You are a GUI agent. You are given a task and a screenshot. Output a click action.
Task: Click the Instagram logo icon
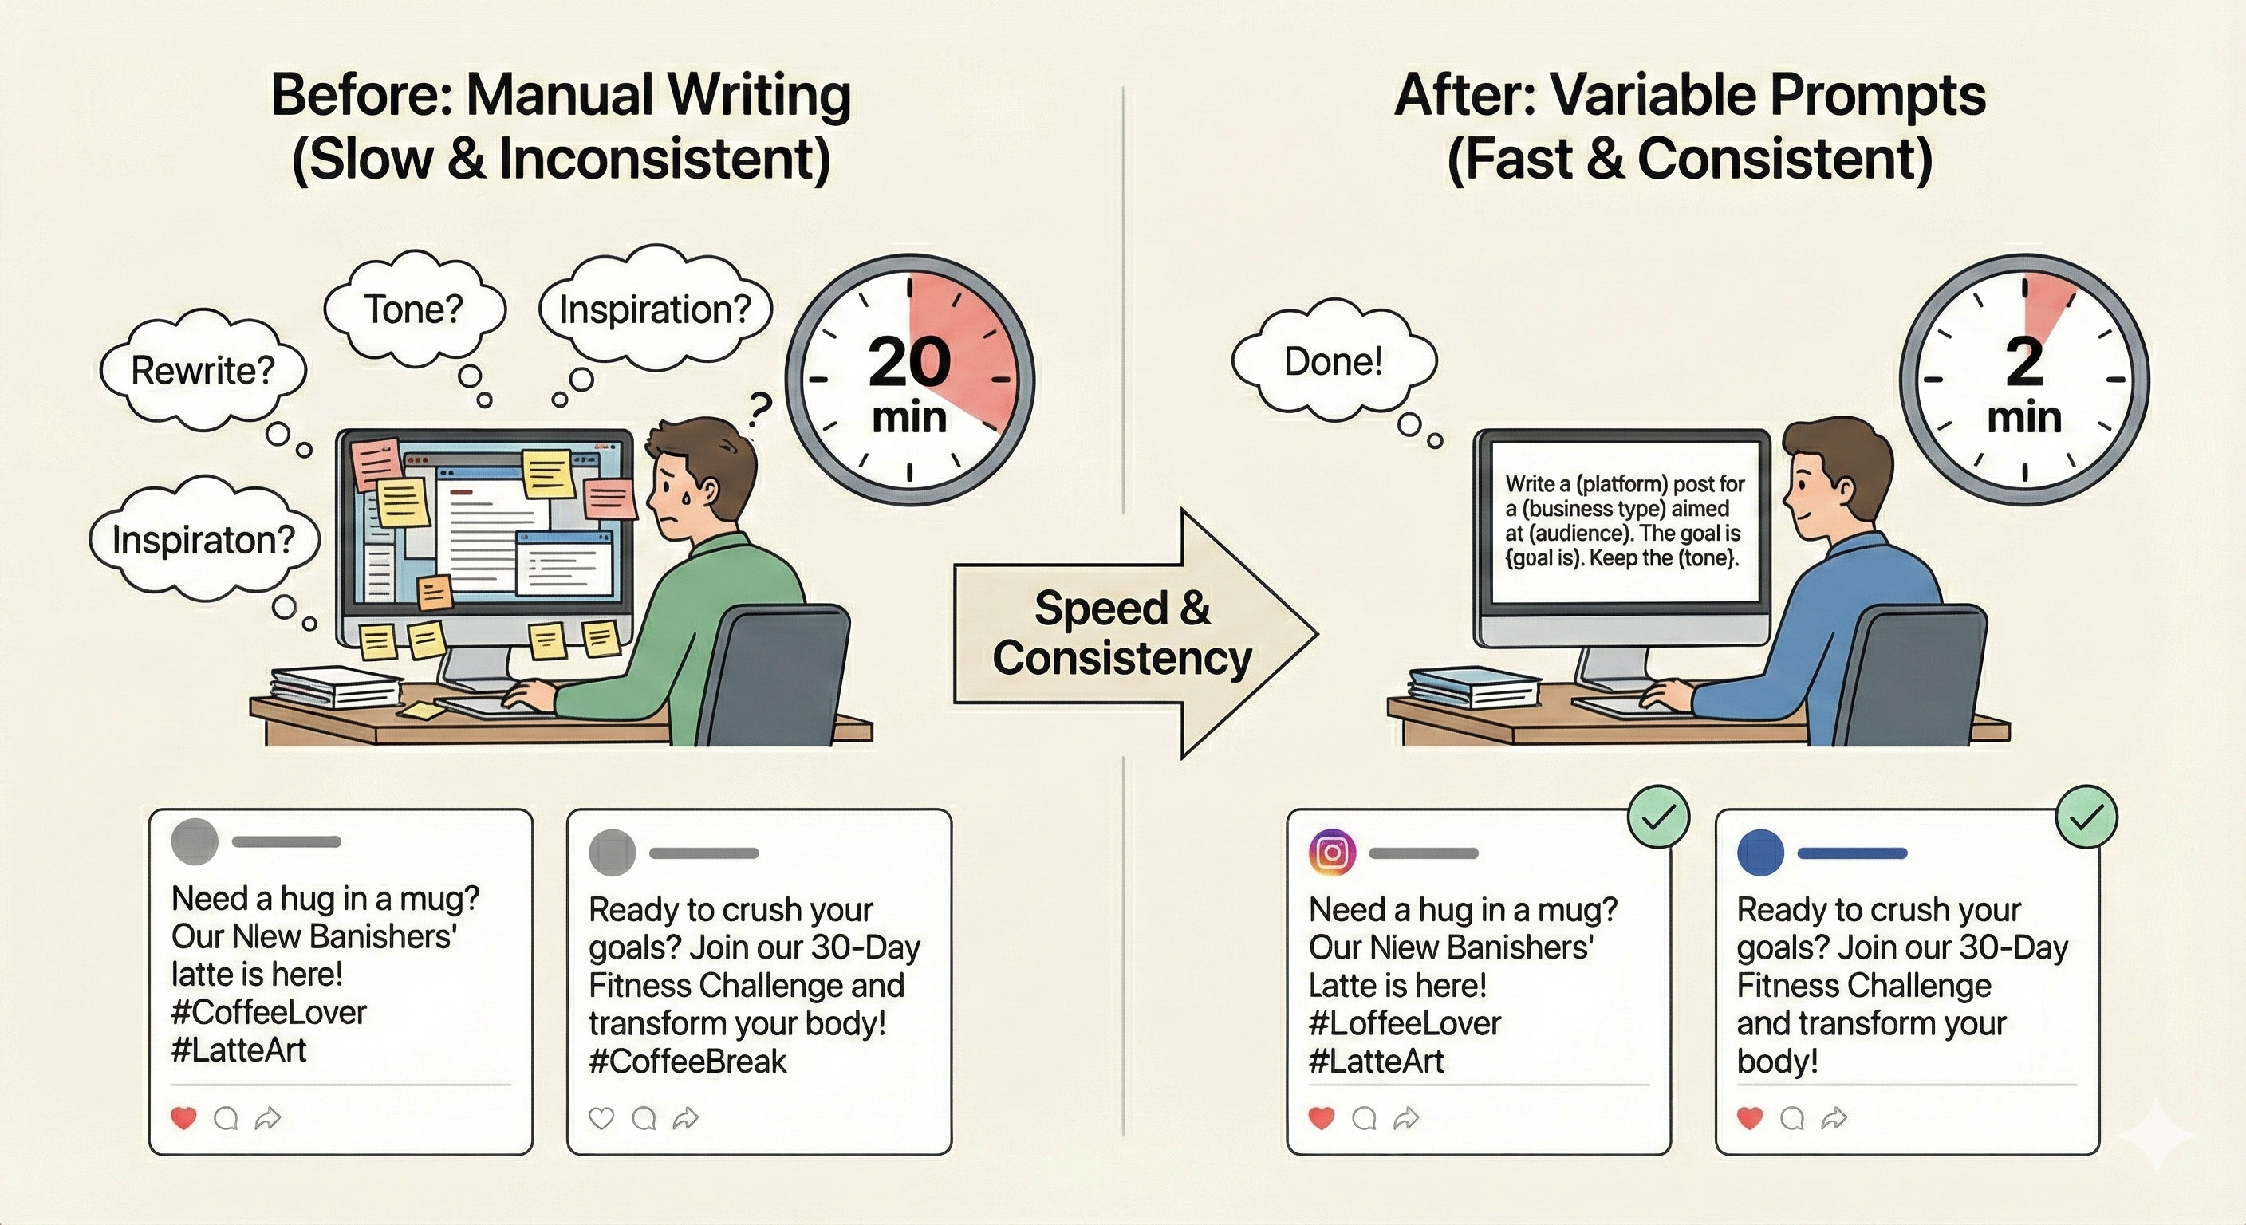(x=1332, y=852)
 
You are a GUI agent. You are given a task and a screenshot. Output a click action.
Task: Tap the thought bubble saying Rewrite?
(x=203, y=372)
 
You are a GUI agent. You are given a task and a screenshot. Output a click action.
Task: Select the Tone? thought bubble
(x=413, y=309)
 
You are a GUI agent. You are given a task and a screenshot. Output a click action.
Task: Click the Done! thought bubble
(x=1333, y=362)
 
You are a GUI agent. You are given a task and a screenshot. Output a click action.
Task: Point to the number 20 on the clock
(x=908, y=362)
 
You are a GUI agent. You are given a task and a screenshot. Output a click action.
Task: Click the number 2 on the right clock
(x=2023, y=362)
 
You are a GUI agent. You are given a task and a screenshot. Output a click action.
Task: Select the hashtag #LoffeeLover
(x=1405, y=1023)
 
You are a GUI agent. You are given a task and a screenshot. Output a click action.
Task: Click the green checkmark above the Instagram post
(x=1658, y=817)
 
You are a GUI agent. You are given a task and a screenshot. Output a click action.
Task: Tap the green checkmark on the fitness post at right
(x=2086, y=817)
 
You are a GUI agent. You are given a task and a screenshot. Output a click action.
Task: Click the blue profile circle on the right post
(x=1760, y=853)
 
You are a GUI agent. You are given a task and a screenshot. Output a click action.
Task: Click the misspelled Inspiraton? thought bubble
(x=204, y=540)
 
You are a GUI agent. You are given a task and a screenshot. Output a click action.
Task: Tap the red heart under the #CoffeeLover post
(x=183, y=1118)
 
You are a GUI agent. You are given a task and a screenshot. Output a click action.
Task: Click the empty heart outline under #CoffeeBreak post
(x=601, y=1118)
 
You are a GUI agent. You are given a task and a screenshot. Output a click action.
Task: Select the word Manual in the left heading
(x=559, y=95)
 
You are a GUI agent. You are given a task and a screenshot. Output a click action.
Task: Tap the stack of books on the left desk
(x=336, y=687)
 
